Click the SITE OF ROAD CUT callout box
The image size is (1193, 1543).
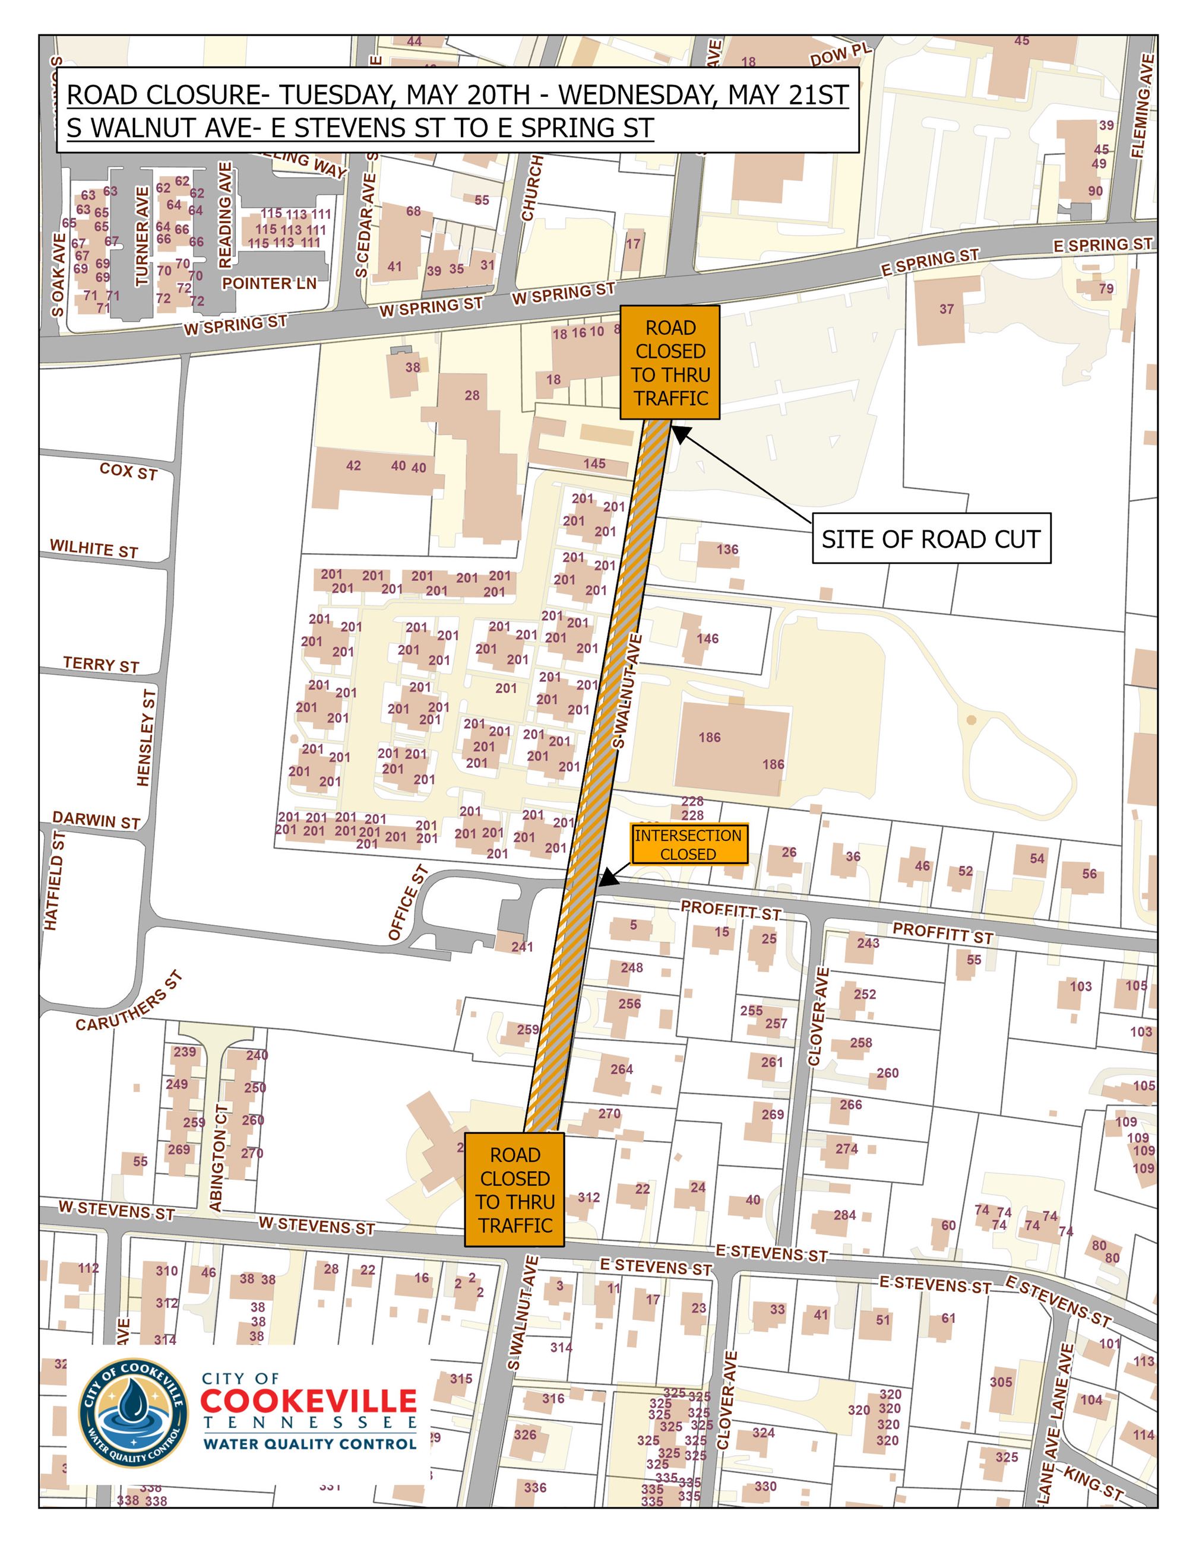point(931,539)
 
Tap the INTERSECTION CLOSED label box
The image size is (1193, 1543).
point(688,844)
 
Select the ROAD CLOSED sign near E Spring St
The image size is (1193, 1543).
point(669,363)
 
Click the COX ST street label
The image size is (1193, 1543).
point(128,471)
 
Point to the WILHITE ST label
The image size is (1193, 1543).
point(93,549)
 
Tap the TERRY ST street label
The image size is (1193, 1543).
point(101,665)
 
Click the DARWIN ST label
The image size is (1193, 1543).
point(96,820)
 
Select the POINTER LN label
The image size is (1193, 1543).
point(268,283)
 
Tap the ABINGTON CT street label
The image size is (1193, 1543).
point(218,1157)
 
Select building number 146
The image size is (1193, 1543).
point(707,639)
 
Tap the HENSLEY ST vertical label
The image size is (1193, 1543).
point(145,738)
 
